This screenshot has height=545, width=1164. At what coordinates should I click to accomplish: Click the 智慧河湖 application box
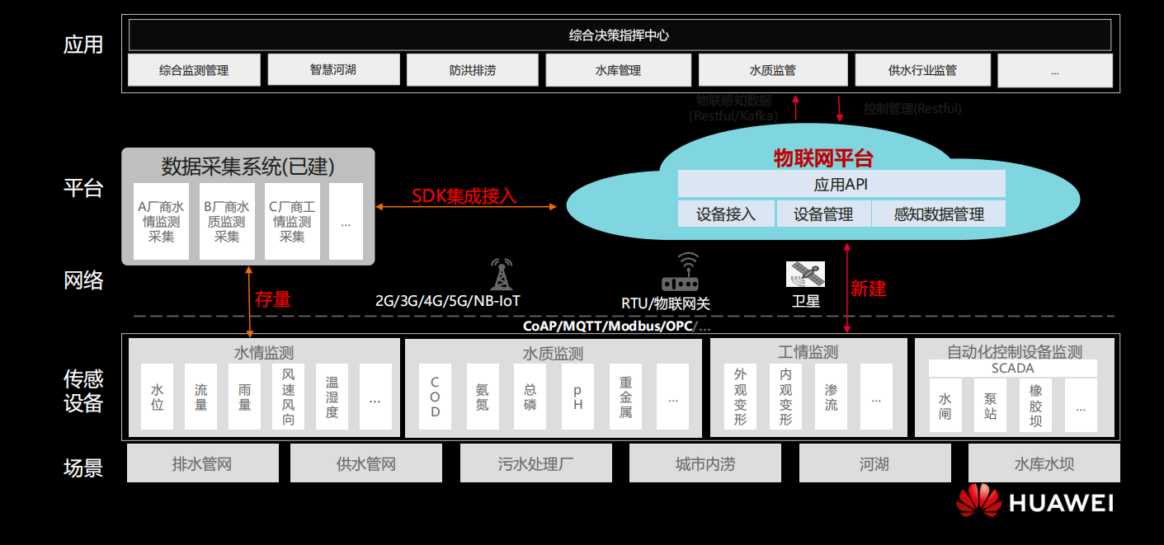click(x=333, y=70)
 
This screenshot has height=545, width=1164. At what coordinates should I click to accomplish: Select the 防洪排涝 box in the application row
click(x=473, y=70)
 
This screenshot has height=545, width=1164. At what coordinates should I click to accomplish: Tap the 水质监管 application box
click(x=772, y=70)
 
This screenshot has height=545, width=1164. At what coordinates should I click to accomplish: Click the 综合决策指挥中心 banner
click(x=619, y=35)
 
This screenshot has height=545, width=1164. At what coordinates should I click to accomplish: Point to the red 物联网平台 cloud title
click(x=822, y=157)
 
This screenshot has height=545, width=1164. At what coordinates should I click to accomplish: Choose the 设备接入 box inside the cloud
click(x=726, y=214)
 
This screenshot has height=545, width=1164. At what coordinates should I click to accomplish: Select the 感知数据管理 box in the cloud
click(x=939, y=214)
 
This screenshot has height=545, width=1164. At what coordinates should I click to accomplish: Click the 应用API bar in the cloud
click(x=841, y=185)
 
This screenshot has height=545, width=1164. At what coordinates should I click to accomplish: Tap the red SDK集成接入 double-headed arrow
click(x=466, y=206)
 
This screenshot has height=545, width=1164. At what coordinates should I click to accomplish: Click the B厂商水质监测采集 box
click(x=227, y=221)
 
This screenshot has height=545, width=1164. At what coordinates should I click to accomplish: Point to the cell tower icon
click(x=501, y=275)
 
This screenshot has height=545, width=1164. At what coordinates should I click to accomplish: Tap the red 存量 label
click(x=273, y=298)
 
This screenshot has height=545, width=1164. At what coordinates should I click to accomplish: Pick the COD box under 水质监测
click(x=435, y=397)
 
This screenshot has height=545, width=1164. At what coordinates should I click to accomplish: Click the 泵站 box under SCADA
click(x=990, y=406)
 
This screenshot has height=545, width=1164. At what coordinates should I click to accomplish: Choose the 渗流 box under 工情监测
click(x=831, y=397)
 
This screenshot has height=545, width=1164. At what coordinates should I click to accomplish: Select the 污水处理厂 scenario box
click(x=535, y=463)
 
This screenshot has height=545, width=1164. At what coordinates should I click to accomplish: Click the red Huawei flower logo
click(x=978, y=500)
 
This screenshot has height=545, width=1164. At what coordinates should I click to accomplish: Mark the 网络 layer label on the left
click(x=83, y=280)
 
